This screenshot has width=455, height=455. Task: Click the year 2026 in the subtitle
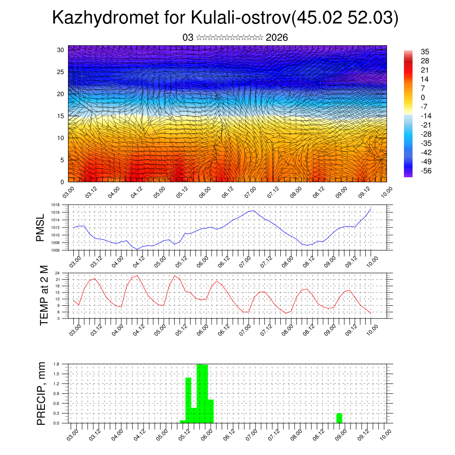pyautogui.click(x=277, y=38)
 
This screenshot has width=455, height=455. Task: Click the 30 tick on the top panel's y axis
pyautogui.click(x=61, y=50)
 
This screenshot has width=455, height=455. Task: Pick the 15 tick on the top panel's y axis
pyautogui.click(x=61, y=116)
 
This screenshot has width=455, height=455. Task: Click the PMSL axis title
pyautogui.click(x=40, y=227)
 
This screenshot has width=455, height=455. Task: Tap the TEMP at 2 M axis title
pyautogui.click(x=44, y=295)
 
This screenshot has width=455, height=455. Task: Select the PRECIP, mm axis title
pyautogui.click(x=41, y=393)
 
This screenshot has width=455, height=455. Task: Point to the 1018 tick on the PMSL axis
pyautogui.click(x=55, y=205)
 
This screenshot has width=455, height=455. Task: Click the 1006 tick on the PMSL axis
pyautogui.click(x=55, y=251)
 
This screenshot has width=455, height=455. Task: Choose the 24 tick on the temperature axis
pyautogui.click(x=57, y=273)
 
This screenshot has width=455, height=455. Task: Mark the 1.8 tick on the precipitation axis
pyautogui.click(x=56, y=364)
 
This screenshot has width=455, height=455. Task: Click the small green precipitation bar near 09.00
pyautogui.click(x=339, y=418)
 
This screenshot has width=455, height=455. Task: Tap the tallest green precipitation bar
pyautogui.click(x=200, y=393)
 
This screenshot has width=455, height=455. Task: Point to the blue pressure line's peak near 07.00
pyautogui.click(x=253, y=211)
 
